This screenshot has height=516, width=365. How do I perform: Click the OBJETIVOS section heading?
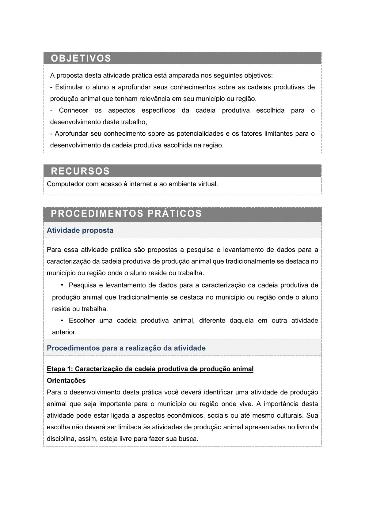[81, 58]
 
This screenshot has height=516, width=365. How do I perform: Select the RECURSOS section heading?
[80, 171]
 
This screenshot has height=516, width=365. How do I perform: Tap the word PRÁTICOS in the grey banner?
[175, 213]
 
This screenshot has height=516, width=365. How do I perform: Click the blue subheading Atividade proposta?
[80, 230]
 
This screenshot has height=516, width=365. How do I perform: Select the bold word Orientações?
[66, 380]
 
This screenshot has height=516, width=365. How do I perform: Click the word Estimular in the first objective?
[69, 87]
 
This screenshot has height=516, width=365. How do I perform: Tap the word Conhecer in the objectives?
[74, 110]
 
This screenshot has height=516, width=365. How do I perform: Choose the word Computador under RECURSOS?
[65, 184]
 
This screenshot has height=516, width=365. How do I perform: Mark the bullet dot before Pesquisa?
[62, 285]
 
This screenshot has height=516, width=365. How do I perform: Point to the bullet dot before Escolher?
[62, 320]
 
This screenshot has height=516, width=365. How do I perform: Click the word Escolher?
[82, 320]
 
